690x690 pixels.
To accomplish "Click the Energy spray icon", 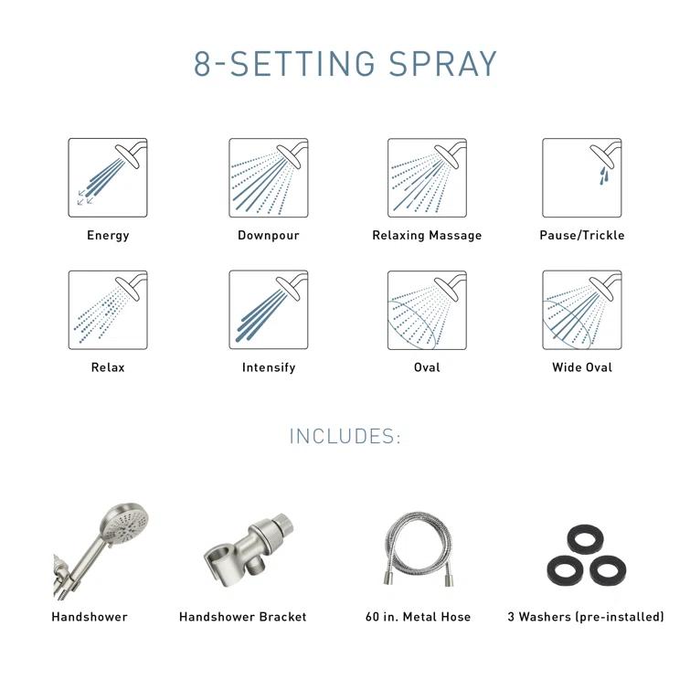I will tap(108, 177).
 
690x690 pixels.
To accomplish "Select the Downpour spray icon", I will tap(269, 177).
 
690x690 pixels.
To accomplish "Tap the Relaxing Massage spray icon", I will tap(427, 177).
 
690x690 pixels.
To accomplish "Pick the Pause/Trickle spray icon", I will tap(582, 177).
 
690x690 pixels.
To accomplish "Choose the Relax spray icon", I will tap(108, 310).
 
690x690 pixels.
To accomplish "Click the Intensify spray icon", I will tap(269, 310).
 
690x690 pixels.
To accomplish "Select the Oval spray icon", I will tap(427, 310).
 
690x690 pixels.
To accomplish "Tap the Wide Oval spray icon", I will tap(582, 310).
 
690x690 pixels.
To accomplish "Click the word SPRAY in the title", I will tap(443, 65).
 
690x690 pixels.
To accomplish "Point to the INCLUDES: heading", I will tap(345, 437).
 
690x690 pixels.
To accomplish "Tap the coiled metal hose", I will tap(418, 550).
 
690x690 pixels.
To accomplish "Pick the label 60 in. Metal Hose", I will tap(418, 617).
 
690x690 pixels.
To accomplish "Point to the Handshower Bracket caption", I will tap(243, 617).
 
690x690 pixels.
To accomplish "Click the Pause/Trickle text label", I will tap(582, 236).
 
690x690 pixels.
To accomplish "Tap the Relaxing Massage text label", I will tap(427, 236).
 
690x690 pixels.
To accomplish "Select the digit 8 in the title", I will tap(204, 65).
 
